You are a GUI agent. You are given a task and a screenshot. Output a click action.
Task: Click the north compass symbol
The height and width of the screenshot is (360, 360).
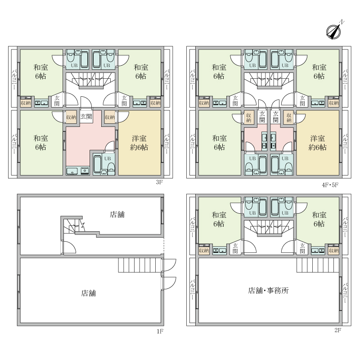click(334, 31)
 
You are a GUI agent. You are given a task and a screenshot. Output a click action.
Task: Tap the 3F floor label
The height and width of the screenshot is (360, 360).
click(159, 182)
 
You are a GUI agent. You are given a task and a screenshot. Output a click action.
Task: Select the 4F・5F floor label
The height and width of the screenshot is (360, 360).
click(330, 185)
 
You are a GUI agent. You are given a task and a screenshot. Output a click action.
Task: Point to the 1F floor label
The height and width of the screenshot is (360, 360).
click(160, 331)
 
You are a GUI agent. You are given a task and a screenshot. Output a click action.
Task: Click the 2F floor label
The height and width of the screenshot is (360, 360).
click(338, 330)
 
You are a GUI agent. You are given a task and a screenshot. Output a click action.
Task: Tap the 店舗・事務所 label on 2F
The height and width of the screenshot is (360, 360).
click(268, 291)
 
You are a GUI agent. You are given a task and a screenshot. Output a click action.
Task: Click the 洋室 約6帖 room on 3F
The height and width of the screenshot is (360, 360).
click(139, 143)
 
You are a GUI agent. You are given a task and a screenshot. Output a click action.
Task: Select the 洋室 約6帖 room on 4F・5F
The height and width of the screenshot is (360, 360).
click(318, 143)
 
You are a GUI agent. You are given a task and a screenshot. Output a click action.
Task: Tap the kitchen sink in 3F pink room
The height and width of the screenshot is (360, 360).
click(72, 171)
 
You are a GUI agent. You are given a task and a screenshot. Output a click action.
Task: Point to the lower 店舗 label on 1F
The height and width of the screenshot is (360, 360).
click(88, 293)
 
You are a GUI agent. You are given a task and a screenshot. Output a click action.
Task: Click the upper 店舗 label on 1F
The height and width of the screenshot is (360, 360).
click(117, 215)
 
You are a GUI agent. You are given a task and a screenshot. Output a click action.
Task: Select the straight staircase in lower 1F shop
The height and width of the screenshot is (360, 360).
click(140, 265)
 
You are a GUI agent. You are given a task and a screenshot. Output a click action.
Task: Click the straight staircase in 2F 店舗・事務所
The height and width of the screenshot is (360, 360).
click(318, 265)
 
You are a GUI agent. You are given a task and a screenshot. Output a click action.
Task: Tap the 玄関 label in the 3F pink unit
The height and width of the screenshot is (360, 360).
click(86, 117)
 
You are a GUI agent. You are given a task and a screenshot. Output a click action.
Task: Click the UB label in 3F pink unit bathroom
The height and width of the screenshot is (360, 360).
click(108, 158)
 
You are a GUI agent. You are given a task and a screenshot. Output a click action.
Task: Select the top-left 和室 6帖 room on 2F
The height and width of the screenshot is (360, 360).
click(219, 219)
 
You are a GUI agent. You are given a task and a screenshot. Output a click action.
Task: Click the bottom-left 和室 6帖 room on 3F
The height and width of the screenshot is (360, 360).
click(41, 143)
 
